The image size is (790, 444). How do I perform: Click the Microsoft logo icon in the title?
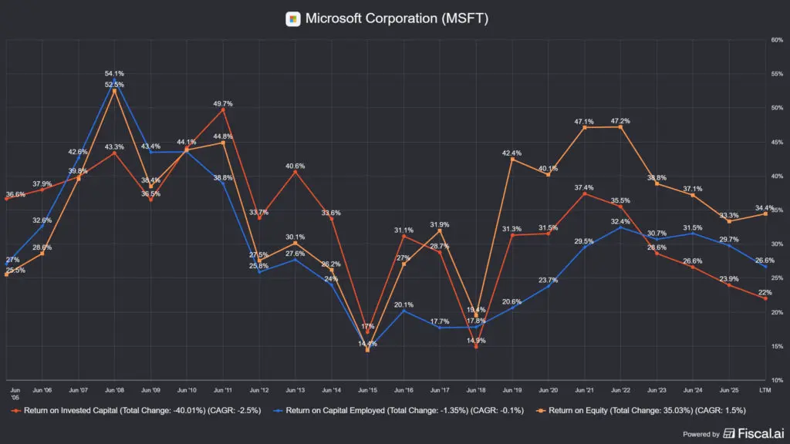pyautogui.click(x=293, y=18)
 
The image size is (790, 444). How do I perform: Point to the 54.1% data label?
pyautogui.click(x=114, y=73)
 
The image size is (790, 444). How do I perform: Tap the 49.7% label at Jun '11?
pyautogui.click(x=223, y=103)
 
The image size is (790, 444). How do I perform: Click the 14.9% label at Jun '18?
pyautogui.click(x=476, y=340)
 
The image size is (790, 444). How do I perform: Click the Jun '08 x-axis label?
pyautogui.click(x=114, y=392)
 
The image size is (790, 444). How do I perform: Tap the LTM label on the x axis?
pyautogui.click(x=765, y=392)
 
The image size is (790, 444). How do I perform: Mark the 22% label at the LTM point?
pyautogui.click(x=765, y=291)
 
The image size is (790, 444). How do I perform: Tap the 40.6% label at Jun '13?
pyautogui.click(x=295, y=166)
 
